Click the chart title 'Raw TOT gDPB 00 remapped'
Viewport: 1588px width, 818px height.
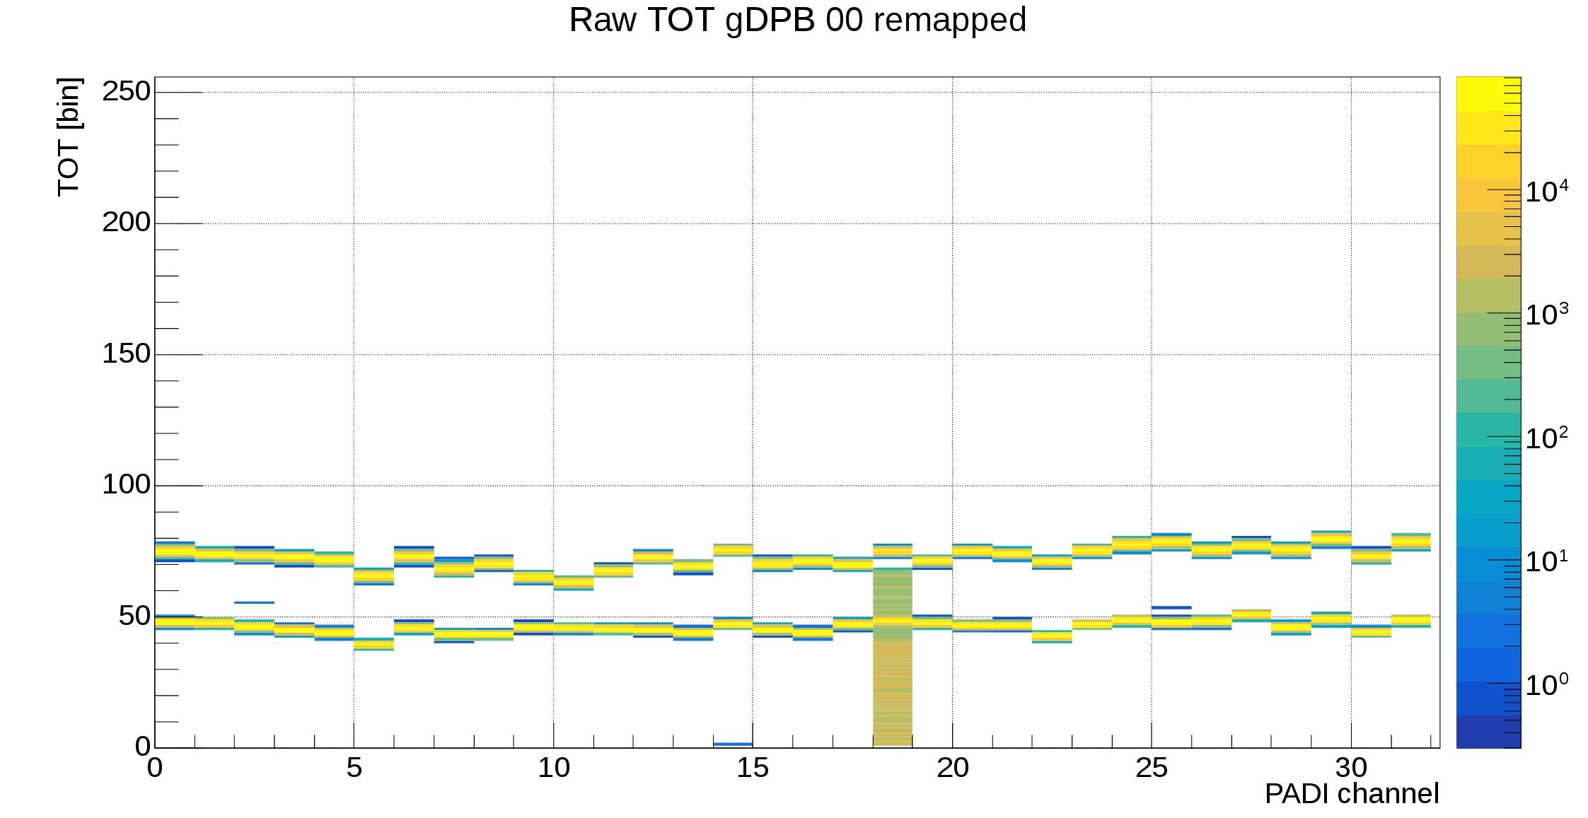[797, 20]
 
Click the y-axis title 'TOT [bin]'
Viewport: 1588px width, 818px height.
[69, 136]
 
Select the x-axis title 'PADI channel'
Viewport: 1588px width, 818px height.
[1351, 794]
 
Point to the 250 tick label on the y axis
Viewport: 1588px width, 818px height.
[126, 91]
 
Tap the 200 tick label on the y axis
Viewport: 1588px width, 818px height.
[126, 222]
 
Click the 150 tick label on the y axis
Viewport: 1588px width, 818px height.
[126, 354]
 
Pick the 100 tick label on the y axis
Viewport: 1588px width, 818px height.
[126, 484]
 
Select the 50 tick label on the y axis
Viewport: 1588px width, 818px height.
[134, 616]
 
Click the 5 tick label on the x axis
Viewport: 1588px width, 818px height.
[354, 768]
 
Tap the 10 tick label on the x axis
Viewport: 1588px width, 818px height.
[553, 768]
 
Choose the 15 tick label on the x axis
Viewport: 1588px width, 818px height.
[753, 768]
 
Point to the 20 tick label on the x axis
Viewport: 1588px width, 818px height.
[952, 768]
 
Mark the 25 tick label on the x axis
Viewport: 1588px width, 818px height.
[1152, 768]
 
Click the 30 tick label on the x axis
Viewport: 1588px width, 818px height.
[1351, 768]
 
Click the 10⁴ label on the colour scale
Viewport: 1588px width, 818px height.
[1546, 191]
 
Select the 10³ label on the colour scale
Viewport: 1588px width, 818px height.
[1546, 314]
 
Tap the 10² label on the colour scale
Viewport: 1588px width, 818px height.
[1546, 438]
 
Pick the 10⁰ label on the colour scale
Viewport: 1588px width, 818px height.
[1546, 684]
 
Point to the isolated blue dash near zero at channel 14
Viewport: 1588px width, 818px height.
[733, 744]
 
